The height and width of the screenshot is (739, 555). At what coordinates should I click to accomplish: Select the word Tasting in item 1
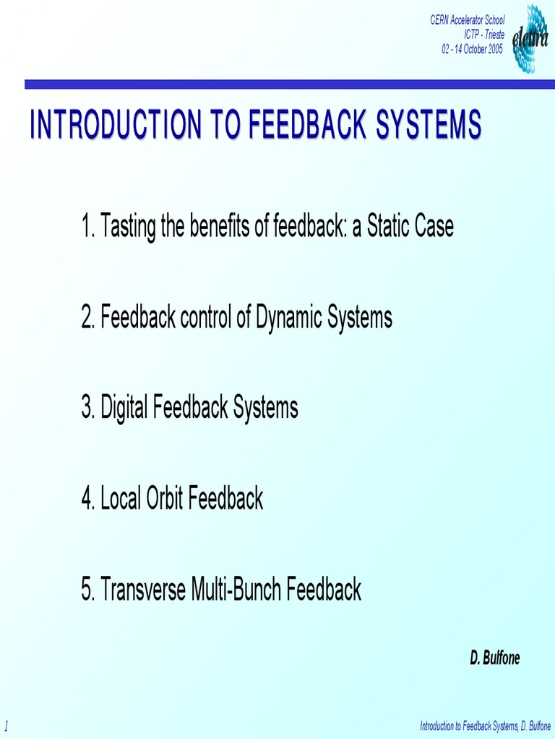tap(127, 227)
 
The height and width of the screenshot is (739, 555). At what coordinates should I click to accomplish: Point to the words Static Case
tap(410, 227)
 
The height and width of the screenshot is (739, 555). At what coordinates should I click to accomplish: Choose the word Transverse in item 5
tap(143, 590)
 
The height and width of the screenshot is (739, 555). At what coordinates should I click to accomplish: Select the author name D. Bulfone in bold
tap(495, 657)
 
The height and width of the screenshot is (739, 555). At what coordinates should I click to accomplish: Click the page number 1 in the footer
tap(7, 724)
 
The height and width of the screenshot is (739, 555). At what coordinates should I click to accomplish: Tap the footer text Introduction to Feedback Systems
tap(465, 725)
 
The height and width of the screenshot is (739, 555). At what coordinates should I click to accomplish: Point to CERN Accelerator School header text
tap(468, 21)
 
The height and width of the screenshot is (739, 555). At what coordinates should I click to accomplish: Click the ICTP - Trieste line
tap(484, 35)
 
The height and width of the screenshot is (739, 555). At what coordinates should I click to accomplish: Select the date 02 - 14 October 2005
tap(473, 48)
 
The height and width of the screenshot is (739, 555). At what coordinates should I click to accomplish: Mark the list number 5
tap(87, 590)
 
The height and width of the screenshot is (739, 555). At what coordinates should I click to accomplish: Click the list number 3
tap(87, 408)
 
